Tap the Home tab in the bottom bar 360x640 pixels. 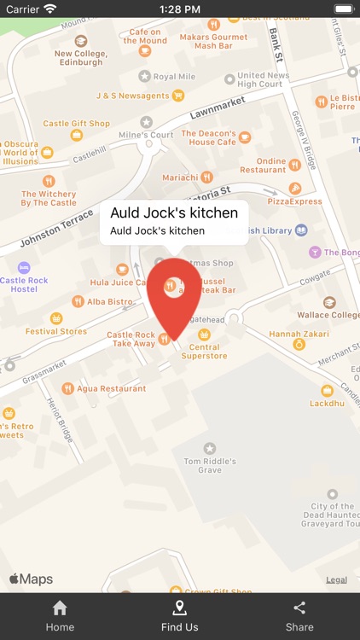point(60,616)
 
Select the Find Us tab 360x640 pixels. point(179,616)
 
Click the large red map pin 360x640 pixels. point(173,294)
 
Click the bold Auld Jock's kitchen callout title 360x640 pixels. point(174,212)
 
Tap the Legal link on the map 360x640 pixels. point(336,580)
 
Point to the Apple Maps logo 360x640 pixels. point(32,579)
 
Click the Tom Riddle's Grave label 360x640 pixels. point(209,465)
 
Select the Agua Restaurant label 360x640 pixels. point(112,388)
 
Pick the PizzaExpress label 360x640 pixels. point(295,201)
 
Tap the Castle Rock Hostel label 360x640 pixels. point(24,284)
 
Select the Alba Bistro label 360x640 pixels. point(109,301)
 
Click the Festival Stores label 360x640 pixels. point(56,331)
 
